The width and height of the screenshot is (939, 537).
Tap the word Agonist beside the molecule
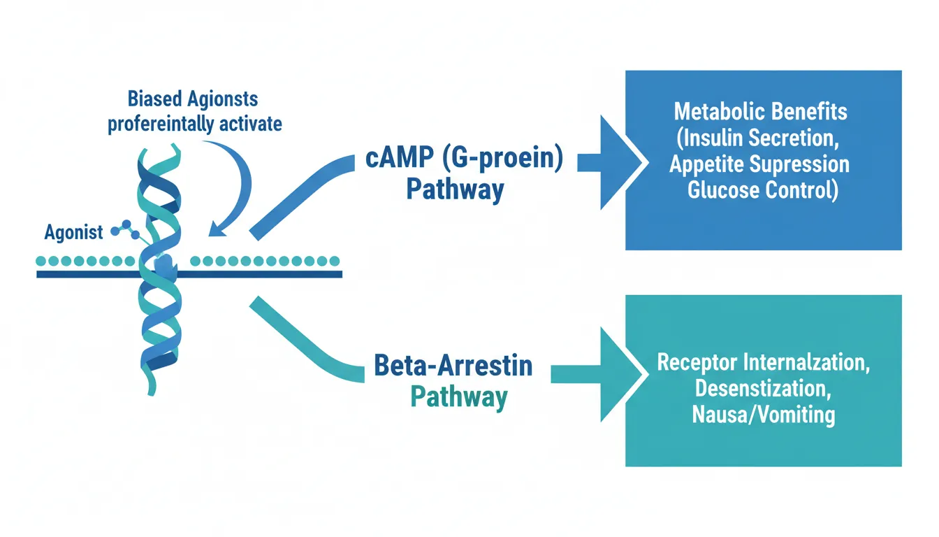pyautogui.click(x=73, y=233)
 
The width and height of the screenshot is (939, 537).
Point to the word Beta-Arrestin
pyautogui.click(x=453, y=366)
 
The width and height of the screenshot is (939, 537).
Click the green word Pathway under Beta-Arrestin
pyautogui.click(x=458, y=396)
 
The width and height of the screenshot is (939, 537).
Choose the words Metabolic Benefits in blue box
pyautogui.click(x=760, y=111)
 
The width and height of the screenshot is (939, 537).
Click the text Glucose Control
pyautogui.click(x=762, y=190)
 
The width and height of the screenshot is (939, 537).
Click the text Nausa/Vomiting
pyautogui.click(x=763, y=415)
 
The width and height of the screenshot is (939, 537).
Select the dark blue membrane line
pyautogui.click(x=265, y=274)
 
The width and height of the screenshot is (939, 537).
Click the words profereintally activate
pyautogui.click(x=194, y=124)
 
